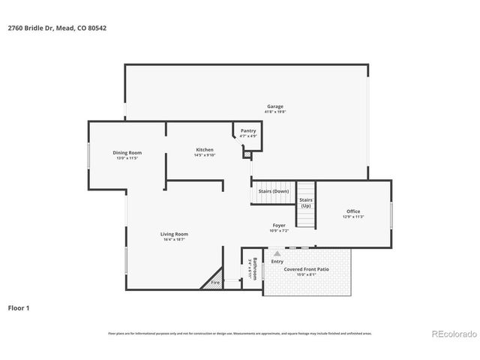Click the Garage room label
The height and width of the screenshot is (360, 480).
275,106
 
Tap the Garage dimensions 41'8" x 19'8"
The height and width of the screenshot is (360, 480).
275,112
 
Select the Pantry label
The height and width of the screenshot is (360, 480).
248,130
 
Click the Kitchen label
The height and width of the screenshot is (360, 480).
205,150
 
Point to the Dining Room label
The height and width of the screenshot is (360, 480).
127,152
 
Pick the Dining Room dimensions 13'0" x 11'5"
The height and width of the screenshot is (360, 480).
127,157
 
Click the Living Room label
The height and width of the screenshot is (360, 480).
174,234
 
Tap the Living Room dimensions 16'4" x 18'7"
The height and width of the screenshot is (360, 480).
174,239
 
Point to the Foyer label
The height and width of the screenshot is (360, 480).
279,225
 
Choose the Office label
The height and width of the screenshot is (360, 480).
353,211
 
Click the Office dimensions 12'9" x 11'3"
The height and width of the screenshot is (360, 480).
353,217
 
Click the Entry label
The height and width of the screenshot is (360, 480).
277,261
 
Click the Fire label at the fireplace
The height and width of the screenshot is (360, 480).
214,283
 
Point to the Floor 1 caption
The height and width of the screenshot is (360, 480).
19,307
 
